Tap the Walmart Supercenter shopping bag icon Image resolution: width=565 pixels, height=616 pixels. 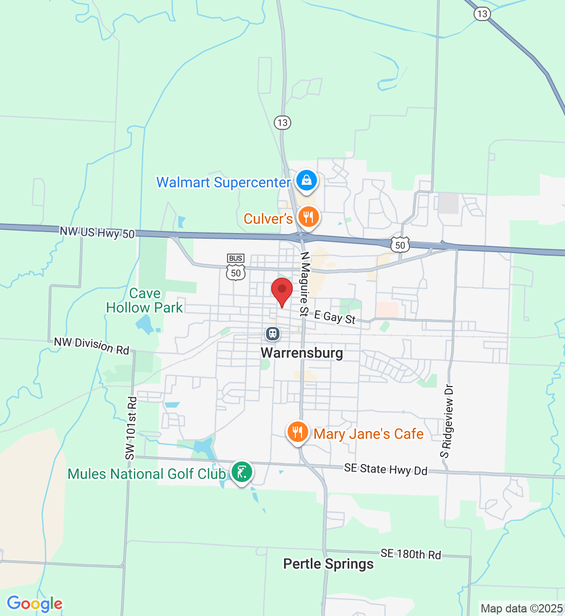[307, 181]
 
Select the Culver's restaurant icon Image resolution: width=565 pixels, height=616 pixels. [308, 218]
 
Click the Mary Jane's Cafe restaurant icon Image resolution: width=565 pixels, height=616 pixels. [297, 432]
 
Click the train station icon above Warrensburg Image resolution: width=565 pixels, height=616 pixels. [273, 334]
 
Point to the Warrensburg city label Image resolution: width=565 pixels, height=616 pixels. [302, 353]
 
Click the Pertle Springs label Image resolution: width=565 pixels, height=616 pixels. [328, 564]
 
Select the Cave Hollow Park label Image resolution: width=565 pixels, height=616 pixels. [144, 300]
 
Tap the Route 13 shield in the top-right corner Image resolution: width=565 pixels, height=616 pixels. [482, 14]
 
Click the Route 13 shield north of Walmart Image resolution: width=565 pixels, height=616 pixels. [282, 123]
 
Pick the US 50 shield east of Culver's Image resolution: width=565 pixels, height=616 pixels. [400, 245]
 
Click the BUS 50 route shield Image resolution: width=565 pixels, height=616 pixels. [236, 267]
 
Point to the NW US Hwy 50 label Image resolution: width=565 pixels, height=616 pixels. [97, 233]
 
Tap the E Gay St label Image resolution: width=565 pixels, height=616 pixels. [335, 317]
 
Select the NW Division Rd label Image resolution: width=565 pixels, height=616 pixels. [91, 345]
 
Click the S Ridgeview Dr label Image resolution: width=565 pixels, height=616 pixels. [447, 420]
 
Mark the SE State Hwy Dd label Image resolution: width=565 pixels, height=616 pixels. [385, 469]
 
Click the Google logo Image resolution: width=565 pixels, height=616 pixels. [34, 604]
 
